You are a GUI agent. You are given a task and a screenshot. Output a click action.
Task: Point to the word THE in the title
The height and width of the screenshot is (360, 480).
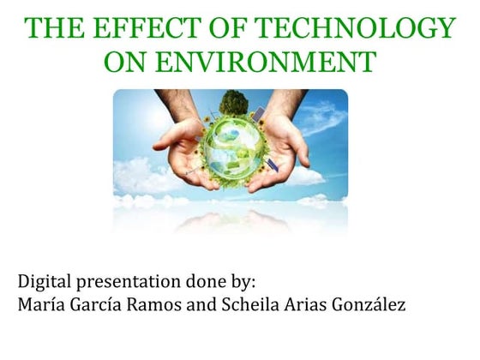53,28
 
